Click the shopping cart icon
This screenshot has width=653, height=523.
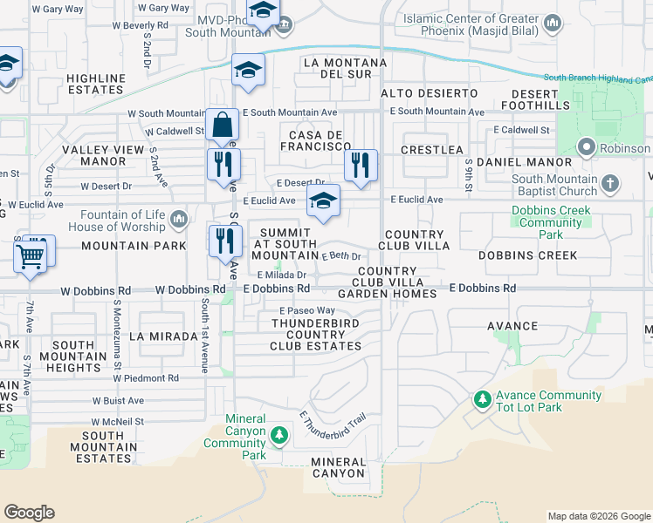click(31, 256)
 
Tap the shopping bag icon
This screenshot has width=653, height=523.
click(223, 127)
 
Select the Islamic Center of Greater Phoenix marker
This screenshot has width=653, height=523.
click(551, 22)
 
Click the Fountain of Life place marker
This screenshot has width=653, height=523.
click(179, 217)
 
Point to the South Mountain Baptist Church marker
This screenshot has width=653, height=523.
click(610, 184)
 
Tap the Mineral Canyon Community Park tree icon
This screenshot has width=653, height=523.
click(278, 434)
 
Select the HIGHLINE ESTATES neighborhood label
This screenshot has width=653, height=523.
click(95, 84)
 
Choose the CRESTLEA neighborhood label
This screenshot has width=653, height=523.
click(431, 150)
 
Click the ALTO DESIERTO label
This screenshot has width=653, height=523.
click(430, 92)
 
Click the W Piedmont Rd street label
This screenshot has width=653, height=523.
click(145, 378)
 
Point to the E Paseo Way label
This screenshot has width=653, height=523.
click(307, 310)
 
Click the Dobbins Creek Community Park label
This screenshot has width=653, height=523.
click(551, 222)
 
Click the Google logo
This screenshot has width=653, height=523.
click(29, 512)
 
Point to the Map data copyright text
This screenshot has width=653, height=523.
click(598, 516)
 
